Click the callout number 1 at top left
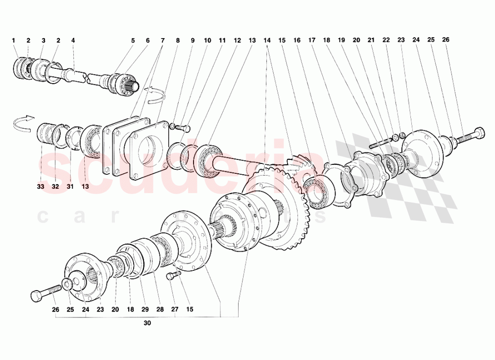tap(14, 40)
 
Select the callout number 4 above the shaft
tap(73, 40)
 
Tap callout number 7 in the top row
tap(162, 40)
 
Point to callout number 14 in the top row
tap(267, 40)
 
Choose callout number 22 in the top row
tap(386, 40)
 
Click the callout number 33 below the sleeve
tap(40, 187)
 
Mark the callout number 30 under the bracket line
tap(147, 323)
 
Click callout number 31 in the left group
tap(70, 187)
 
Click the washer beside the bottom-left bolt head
tap(65, 285)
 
